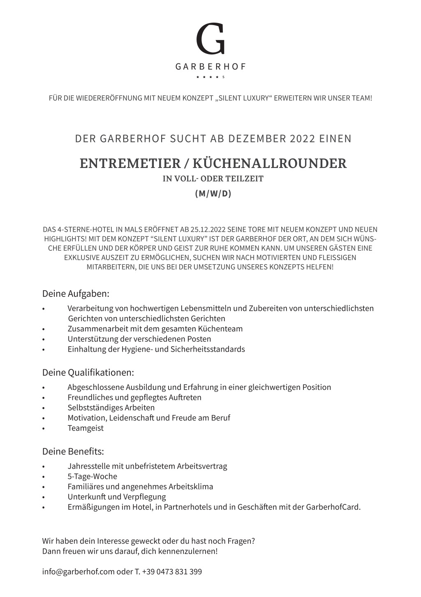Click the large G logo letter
(x=210, y=39)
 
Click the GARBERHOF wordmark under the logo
(x=210, y=67)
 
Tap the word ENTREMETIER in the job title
(x=130, y=163)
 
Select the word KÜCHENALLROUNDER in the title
(x=270, y=163)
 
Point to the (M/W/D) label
(x=213, y=194)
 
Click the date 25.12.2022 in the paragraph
(x=206, y=229)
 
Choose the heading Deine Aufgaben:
(x=76, y=294)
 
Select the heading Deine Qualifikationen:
(x=88, y=373)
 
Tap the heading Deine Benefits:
(x=73, y=452)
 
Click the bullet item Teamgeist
(x=86, y=428)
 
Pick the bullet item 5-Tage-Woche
(x=93, y=476)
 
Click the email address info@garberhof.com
(x=78, y=572)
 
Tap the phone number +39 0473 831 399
(x=172, y=572)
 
